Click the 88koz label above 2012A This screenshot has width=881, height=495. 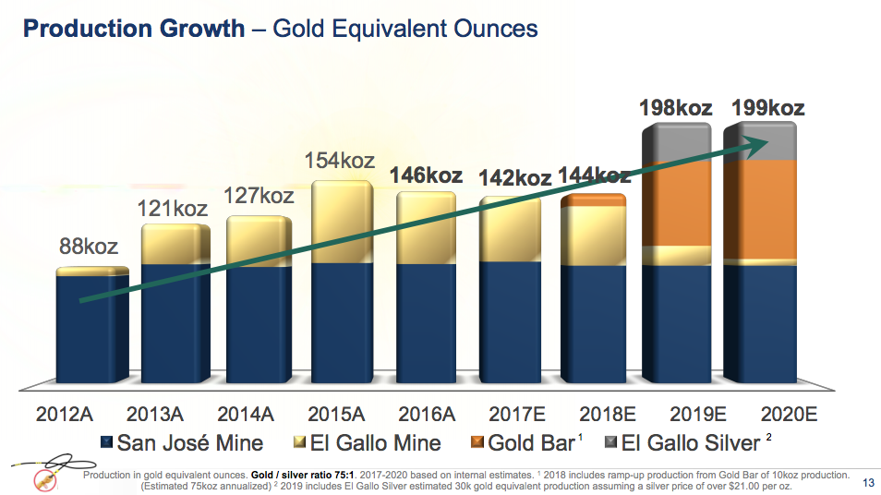tap(90, 247)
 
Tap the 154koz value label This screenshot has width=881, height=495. tap(340, 160)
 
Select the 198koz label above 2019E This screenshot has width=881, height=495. tap(676, 108)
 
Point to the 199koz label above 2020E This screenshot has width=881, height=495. tap(767, 108)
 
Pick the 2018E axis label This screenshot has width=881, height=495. tap(594, 414)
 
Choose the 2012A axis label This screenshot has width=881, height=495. tap(71, 414)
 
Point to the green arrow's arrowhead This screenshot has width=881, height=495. tap(759, 141)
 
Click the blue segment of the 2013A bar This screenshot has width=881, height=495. tap(175, 323)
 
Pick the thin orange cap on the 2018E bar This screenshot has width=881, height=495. tap(596, 199)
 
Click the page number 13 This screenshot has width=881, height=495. tap(867, 481)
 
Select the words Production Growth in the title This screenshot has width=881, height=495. tap(134, 29)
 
